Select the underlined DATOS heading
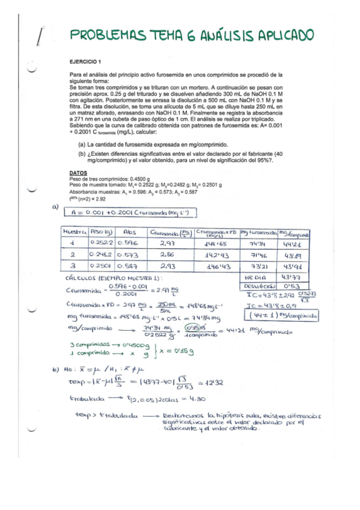point(78,173)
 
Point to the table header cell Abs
point(129,232)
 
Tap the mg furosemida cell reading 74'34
point(256,243)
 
